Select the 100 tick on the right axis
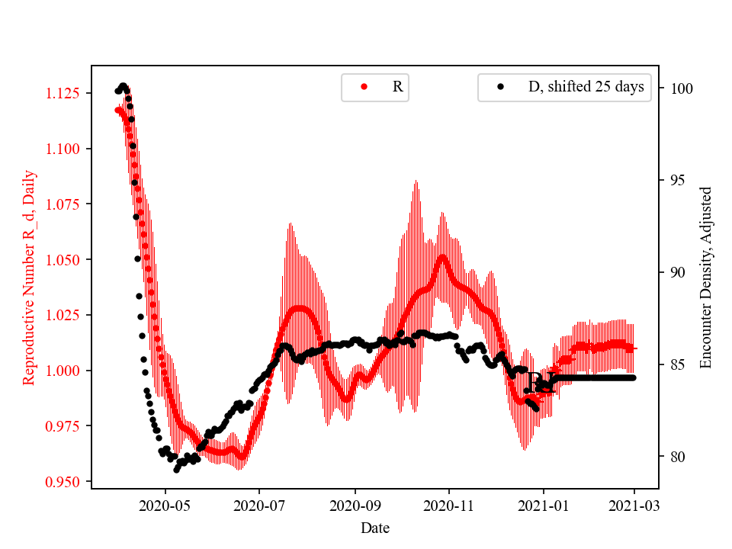point(682,88)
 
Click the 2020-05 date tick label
point(165,506)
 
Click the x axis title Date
point(375,527)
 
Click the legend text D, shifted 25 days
point(586,87)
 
